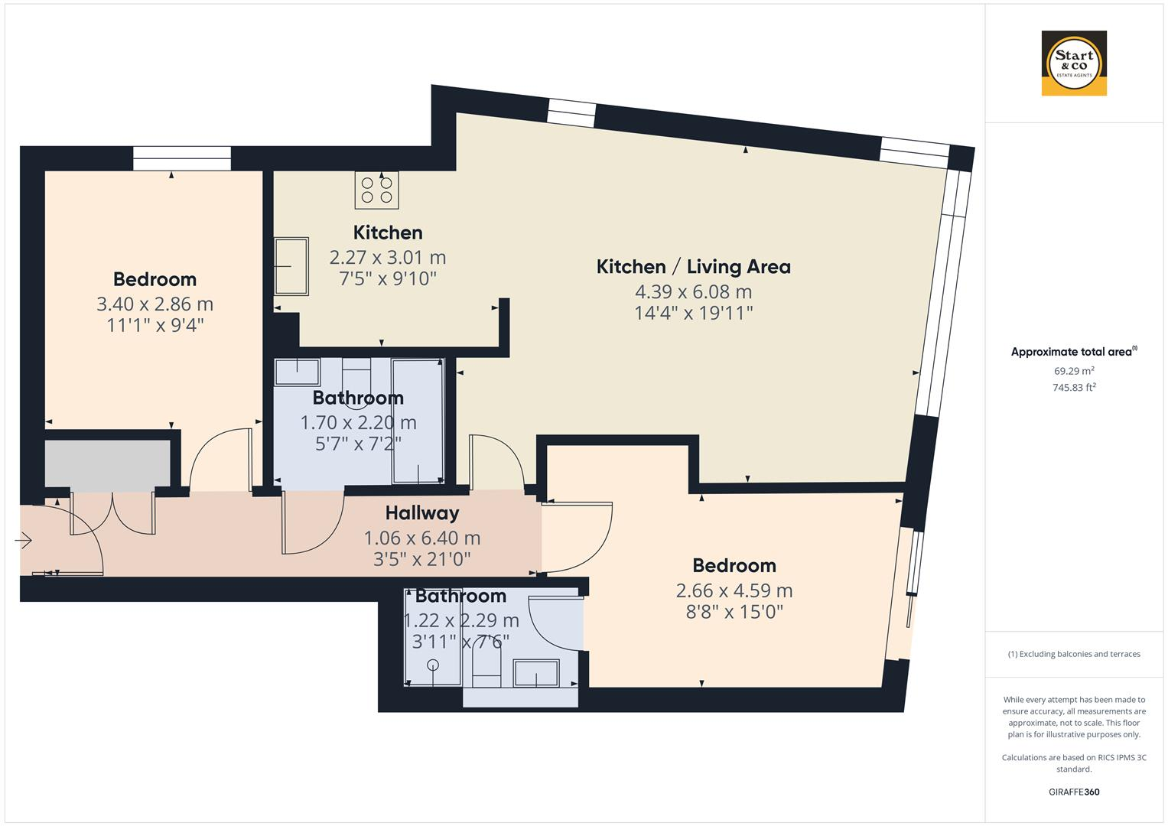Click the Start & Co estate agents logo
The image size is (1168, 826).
click(1073, 63)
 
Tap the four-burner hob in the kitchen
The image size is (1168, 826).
click(376, 190)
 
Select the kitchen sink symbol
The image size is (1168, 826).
click(291, 266)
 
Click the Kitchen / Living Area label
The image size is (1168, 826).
click(693, 267)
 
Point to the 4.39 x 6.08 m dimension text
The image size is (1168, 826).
click(693, 291)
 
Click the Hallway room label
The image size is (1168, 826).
click(421, 512)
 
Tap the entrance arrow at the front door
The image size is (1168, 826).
click(23, 541)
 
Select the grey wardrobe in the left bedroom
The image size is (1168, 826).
click(107, 463)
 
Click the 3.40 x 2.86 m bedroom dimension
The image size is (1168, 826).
click(155, 304)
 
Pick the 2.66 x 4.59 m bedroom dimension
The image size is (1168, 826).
click(734, 590)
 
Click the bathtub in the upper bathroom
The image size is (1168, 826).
click(417, 421)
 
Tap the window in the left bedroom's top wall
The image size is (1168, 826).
click(181, 158)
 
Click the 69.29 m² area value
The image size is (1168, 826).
click(1073, 371)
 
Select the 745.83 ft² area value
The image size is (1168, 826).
click(1073, 387)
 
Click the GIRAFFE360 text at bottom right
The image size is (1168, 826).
click(1073, 792)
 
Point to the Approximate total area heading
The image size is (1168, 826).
click(1073, 352)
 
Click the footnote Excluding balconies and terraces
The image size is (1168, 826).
click(1073, 654)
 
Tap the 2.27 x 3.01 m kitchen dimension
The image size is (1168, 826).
click(387, 257)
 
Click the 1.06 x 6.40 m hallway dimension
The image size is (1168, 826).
click(421, 538)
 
